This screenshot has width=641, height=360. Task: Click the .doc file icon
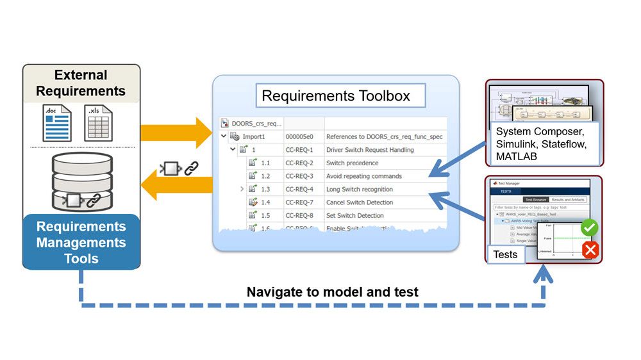(57, 123)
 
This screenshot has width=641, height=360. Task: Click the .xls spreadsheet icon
(98, 123)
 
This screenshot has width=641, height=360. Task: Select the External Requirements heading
(81, 83)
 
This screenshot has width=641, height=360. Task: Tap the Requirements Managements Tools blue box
(81, 242)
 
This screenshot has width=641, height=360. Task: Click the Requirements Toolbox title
(336, 96)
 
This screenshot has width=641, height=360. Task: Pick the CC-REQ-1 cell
(299, 150)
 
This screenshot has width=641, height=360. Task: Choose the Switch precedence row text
(352, 163)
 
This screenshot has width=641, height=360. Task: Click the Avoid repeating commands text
(363, 176)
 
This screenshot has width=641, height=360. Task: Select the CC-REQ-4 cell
(299, 189)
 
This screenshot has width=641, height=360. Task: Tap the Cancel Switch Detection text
(360, 202)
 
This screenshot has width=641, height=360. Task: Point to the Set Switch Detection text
(354, 215)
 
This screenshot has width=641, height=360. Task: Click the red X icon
(590, 250)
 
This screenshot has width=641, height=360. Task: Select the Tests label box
(505, 254)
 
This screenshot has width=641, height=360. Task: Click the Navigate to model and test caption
(332, 292)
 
